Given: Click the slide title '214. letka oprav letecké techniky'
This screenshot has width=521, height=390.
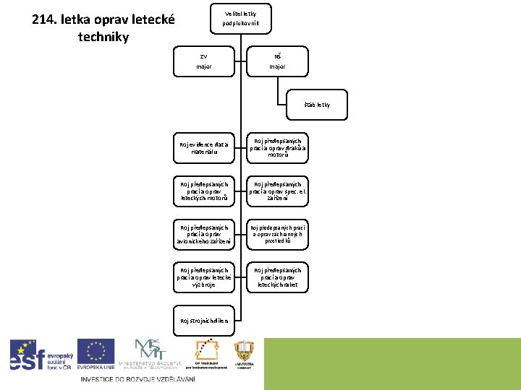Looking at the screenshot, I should point(103,27).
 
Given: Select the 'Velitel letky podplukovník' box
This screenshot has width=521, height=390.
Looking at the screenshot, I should point(246,18).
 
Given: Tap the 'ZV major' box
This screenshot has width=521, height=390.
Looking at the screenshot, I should point(203,61).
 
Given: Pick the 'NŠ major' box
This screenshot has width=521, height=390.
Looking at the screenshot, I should point(276,61).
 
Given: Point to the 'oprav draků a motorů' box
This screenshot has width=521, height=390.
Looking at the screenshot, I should point(278,148).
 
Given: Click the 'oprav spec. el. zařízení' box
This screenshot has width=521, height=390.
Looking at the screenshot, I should point(278,191).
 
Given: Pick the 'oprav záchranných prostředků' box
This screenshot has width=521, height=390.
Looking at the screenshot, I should point(278,234).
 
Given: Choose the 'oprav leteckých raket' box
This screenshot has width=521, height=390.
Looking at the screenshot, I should point(278,277).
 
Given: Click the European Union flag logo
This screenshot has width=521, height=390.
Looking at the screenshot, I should point(96,355).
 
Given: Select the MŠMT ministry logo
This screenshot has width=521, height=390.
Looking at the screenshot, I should point(155,354).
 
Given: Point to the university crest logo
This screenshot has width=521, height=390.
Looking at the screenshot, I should point(244,355).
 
